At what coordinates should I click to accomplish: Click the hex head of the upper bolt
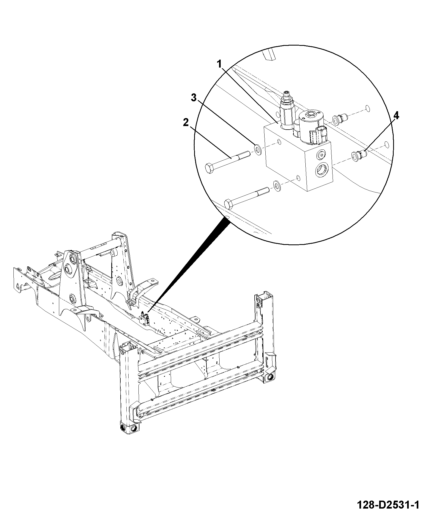pos(210,168)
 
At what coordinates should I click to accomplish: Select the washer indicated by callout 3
pos(258,149)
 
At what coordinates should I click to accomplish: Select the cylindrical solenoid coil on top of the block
pos(311,125)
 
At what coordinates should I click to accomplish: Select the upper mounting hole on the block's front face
pos(279,142)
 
